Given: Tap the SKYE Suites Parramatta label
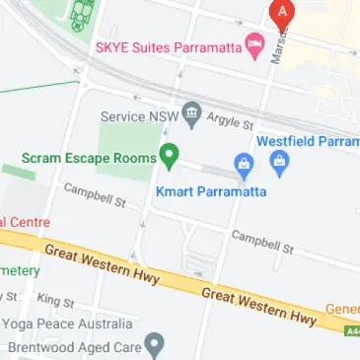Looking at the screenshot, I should [x=170, y=47].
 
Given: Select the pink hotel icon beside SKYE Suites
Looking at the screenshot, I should [x=254, y=45].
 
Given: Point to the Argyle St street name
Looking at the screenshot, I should [x=231, y=121].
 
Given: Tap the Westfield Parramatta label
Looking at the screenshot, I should [x=308, y=141].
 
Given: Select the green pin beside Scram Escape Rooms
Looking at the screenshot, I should [x=170, y=156].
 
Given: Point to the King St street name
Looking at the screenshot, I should [x=55, y=300].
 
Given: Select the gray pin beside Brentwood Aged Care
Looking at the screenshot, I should [x=154, y=345].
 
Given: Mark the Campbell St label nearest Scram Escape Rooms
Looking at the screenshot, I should [x=95, y=195].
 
